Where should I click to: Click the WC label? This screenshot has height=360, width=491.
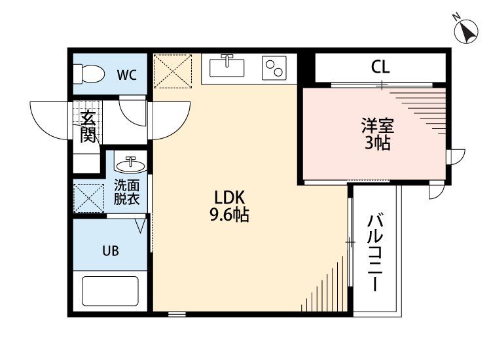point(127,75)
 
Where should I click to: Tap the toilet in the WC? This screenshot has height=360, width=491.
point(88,74)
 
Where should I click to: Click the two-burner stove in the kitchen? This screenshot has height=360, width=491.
point(274,68)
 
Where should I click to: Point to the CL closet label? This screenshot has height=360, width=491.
point(380,67)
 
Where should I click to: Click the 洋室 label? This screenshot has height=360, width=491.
point(378,126)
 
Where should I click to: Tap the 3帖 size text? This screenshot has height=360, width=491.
point(378,143)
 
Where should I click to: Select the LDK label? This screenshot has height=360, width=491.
point(229,198)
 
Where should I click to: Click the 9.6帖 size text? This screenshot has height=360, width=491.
point(229,215)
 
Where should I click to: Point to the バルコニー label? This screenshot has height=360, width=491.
point(375,253)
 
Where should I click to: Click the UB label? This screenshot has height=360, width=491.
point(111,251)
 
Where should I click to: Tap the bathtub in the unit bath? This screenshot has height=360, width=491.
point(110,291)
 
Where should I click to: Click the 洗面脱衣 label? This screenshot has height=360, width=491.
point(126,192)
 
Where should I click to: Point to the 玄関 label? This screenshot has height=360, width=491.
point(88,127)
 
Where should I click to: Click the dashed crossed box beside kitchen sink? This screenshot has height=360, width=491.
point(173,71)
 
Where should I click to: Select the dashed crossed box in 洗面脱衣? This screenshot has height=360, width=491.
point(89,198)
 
